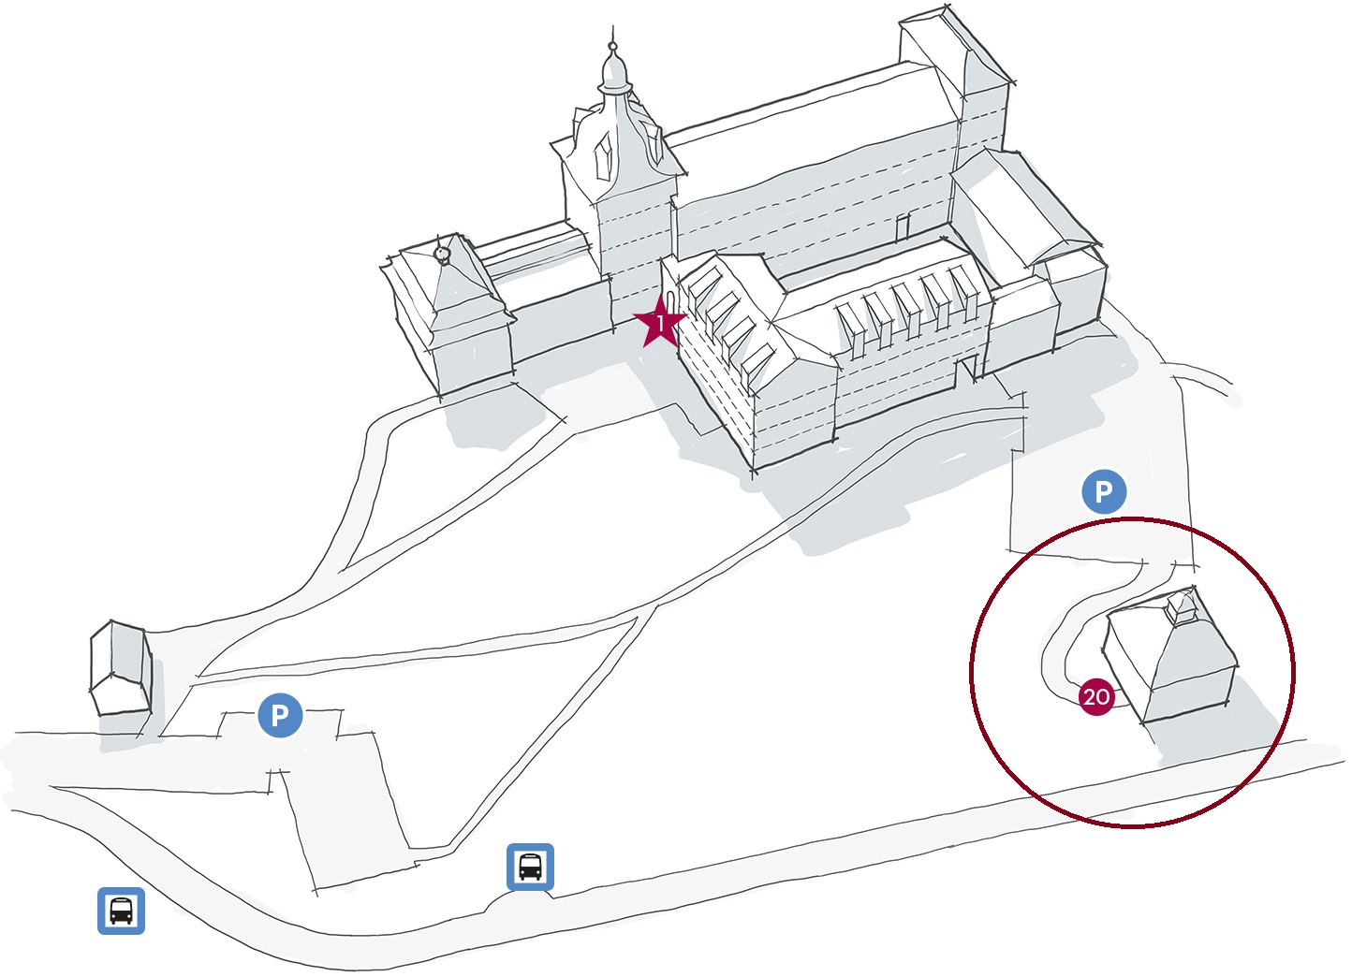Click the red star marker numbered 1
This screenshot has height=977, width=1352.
pos(660,323)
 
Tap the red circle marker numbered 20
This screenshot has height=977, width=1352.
pos(1095,696)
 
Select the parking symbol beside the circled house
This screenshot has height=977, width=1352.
pos(1104,491)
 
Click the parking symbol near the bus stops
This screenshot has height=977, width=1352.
pos(280,715)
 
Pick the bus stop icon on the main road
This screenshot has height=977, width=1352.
pos(530,867)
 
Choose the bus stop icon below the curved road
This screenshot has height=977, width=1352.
pos(122,911)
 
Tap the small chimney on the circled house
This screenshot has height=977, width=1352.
pos(1183,606)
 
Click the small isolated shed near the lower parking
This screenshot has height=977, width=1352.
pos(121,669)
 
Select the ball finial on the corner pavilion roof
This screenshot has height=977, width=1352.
pos(443,253)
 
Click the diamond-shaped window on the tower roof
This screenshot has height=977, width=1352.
pos(604,155)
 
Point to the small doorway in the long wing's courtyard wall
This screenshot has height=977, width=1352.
pos(903,227)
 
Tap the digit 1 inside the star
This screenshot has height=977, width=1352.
pos(660,324)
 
